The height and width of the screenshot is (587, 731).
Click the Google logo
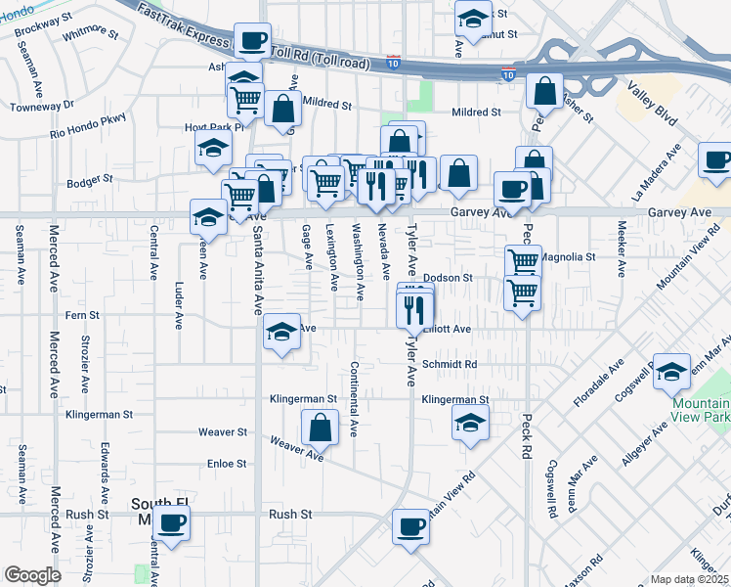pyautogui.click(x=31, y=575)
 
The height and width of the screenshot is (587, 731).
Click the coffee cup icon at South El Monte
pyautogui.click(x=172, y=525)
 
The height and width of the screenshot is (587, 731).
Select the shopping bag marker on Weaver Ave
pyautogui.click(x=320, y=428)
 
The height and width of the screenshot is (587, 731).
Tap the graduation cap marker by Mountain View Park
pyautogui.click(x=672, y=372)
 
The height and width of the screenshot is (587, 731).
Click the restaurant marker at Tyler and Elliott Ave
pyautogui.click(x=414, y=310)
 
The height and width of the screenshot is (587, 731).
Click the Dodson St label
pyautogui.click(x=448, y=278)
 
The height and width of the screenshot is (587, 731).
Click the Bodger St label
pyautogui.click(x=90, y=181)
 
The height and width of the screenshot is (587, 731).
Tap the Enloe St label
pyautogui.click(x=226, y=463)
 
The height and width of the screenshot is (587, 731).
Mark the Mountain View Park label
pyautogui.click(x=699, y=411)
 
